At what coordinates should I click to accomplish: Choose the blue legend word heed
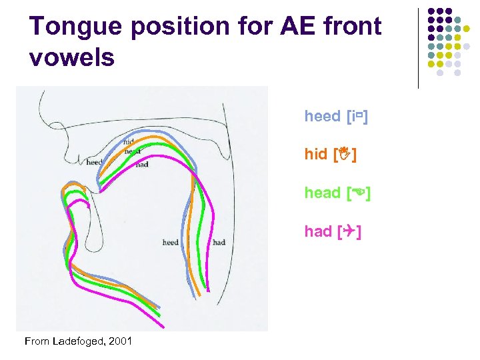coord(322,117)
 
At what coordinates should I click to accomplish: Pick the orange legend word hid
coord(315,155)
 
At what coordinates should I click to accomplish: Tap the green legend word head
coord(322,193)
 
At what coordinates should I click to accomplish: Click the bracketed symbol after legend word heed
coord(358,117)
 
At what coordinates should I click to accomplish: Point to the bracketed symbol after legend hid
coord(344,155)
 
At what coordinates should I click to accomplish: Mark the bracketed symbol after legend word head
coord(359,193)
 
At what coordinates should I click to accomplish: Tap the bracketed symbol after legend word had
coord(350,232)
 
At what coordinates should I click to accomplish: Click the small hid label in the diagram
coord(129,142)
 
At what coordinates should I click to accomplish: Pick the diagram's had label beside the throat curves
coord(219,242)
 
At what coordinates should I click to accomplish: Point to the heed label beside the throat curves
coord(171,242)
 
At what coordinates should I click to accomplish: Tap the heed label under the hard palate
coord(94,162)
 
